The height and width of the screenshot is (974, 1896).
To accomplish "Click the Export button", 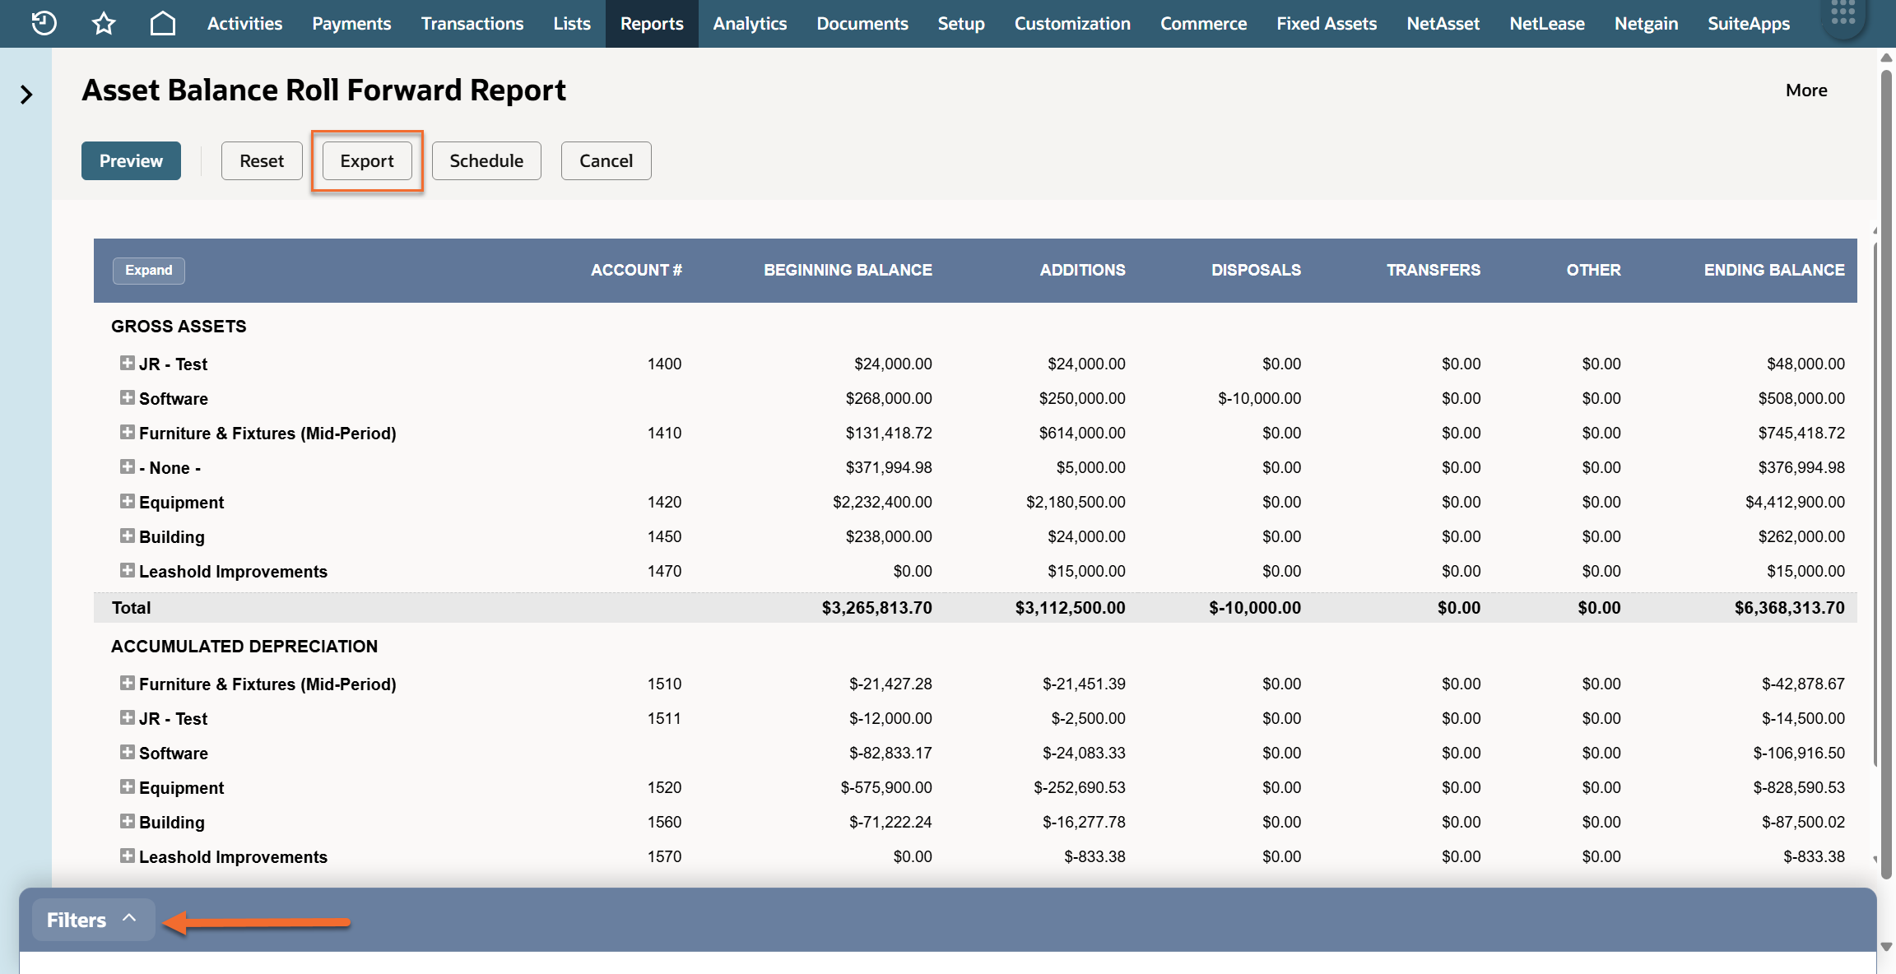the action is pos(367,160).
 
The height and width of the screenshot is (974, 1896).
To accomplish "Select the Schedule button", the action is pos(486,160).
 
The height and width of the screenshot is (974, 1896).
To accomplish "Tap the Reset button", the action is pos(262,160).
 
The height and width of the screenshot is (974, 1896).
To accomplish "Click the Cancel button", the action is pos(606,160).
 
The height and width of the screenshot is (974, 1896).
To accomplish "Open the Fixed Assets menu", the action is pos(1327,24).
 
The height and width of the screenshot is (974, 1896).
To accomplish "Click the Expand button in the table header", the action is pos(149,270).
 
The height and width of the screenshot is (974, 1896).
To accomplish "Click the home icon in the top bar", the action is pos(163,23).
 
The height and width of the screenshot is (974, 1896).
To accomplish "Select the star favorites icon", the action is pos(104,23).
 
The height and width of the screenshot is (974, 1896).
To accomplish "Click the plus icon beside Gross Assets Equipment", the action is pos(128,501).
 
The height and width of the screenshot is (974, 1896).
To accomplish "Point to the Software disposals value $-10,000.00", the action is pos(1259,398).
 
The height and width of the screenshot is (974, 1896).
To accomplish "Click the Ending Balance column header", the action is pos(1774,270).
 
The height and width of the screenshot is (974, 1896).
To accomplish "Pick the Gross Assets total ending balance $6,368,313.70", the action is pos(1789,608).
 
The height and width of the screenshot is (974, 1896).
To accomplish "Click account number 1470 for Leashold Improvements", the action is pos(664,571).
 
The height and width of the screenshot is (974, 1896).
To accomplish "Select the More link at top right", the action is pos(1806,90).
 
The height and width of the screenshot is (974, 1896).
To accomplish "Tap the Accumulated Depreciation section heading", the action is pos(244,647).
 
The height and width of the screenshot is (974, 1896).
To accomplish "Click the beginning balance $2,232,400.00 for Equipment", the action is pos(882,502).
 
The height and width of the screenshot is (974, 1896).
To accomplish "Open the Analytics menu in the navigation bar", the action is pos(750,24).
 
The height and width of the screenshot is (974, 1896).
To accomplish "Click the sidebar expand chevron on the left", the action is pos(26,95).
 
